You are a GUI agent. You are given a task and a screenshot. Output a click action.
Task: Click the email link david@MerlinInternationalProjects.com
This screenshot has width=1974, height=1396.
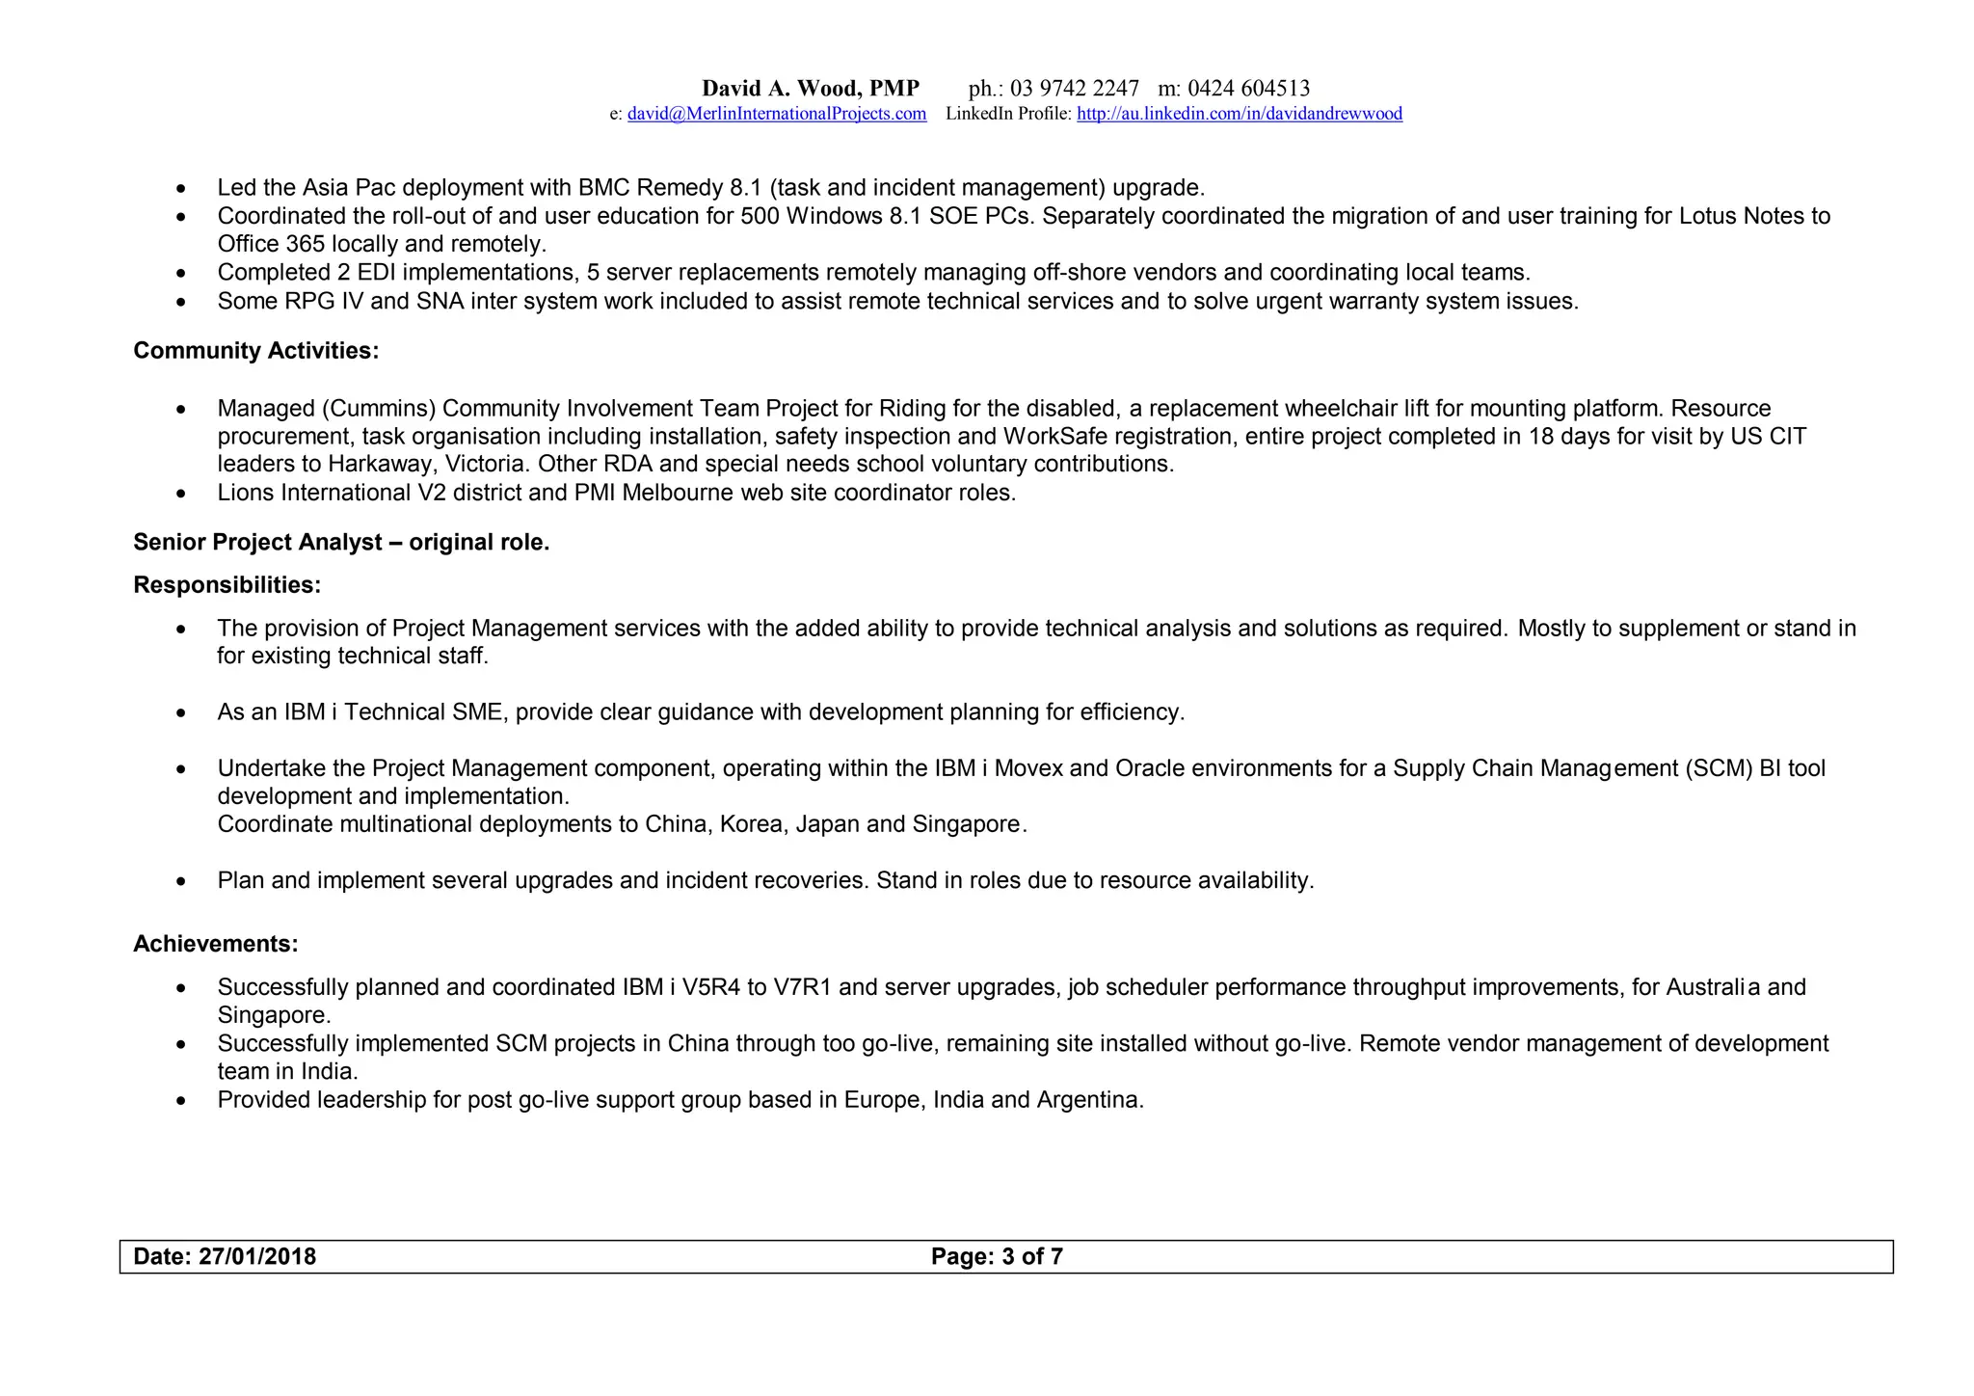[776, 114]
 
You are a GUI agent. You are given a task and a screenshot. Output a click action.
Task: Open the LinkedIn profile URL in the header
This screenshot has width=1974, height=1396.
[1239, 114]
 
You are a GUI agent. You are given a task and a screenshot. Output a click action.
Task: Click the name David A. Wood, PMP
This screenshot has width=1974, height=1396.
[810, 89]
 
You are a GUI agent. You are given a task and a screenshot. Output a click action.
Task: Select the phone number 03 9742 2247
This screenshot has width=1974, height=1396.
[1074, 89]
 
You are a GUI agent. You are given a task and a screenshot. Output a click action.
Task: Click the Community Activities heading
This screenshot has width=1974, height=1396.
[255, 351]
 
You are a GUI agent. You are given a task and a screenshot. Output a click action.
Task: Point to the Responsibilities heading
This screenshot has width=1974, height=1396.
[227, 585]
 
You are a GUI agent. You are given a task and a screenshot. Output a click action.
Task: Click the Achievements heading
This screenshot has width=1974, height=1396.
[215, 944]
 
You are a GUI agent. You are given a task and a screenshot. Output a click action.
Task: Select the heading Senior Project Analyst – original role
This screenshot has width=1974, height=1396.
[341, 542]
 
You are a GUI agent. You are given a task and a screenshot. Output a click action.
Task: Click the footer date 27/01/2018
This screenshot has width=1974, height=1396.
[256, 1256]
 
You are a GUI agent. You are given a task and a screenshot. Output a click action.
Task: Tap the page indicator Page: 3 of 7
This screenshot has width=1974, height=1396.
[997, 1256]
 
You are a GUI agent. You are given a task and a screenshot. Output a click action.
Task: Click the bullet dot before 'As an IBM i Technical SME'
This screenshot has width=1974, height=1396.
[181, 713]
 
